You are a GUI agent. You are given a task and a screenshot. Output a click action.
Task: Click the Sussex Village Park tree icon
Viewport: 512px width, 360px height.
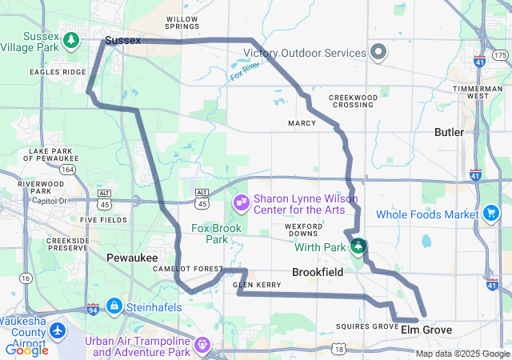coord(72,38)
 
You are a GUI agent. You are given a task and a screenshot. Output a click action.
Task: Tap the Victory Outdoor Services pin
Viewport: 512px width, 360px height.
coord(378,54)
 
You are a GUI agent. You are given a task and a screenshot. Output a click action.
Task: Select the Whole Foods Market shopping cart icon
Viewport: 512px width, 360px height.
coord(490,214)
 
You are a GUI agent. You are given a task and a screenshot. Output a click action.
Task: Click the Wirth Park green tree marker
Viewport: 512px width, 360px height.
coord(359,246)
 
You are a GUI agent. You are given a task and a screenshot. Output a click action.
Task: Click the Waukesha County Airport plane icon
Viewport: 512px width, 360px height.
coord(58,330)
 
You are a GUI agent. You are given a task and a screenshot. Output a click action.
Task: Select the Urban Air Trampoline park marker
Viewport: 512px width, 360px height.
coord(203,346)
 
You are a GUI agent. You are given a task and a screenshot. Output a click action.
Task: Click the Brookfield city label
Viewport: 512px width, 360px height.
coord(318,273)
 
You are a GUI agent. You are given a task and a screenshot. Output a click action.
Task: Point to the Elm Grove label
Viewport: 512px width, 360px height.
coord(426,330)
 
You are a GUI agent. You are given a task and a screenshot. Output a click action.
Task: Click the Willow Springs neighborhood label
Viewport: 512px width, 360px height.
coord(182,22)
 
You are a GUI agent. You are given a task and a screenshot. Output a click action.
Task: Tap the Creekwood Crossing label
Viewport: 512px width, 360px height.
coord(353,101)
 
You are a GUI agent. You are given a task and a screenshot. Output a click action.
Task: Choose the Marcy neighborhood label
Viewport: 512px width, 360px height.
coord(302,123)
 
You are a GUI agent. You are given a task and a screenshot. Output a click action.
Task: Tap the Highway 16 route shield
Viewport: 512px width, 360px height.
coord(26,278)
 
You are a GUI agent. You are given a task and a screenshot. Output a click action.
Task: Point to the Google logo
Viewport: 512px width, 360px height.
coord(26,350)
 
